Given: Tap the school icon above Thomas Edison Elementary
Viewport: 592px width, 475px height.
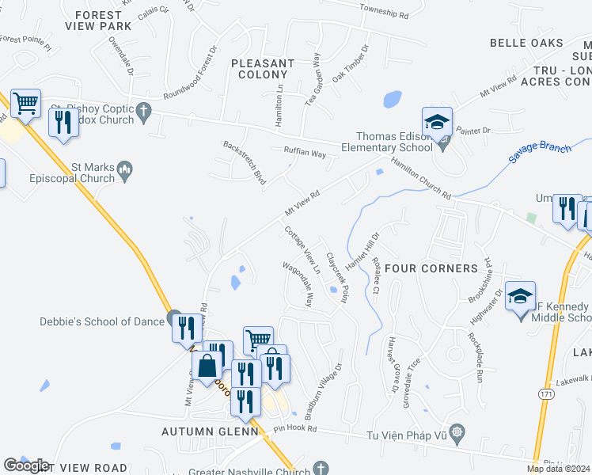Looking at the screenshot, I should point(436,123).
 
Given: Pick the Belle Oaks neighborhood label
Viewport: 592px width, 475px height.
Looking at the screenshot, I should point(537,43).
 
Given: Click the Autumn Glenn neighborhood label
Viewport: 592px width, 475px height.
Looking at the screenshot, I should point(211,431).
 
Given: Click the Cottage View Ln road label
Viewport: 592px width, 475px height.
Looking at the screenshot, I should point(302,249).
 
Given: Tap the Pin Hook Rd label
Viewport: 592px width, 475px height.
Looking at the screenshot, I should point(294,429).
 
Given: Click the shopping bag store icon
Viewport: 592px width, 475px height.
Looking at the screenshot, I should point(207,367).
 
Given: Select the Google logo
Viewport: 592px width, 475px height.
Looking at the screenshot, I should point(25,465).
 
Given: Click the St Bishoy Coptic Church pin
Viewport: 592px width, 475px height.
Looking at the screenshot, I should point(143,116).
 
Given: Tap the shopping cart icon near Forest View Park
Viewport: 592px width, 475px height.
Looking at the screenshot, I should point(25,103).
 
